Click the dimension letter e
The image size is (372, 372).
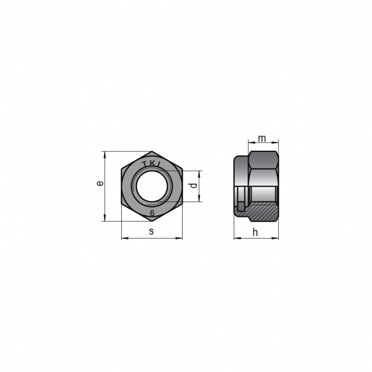click(101, 183)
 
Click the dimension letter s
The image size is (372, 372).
click(152, 231)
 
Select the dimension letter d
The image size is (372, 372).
click(194, 185)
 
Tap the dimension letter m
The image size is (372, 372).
click(262, 138)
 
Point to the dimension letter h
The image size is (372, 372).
click(255, 232)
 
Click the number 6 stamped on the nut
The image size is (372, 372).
click(152, 213)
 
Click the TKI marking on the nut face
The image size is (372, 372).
click(152, 164)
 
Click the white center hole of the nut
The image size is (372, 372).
click(152, 186)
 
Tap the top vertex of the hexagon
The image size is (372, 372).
click(152, 151)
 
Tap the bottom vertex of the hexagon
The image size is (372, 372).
click(152, 221)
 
